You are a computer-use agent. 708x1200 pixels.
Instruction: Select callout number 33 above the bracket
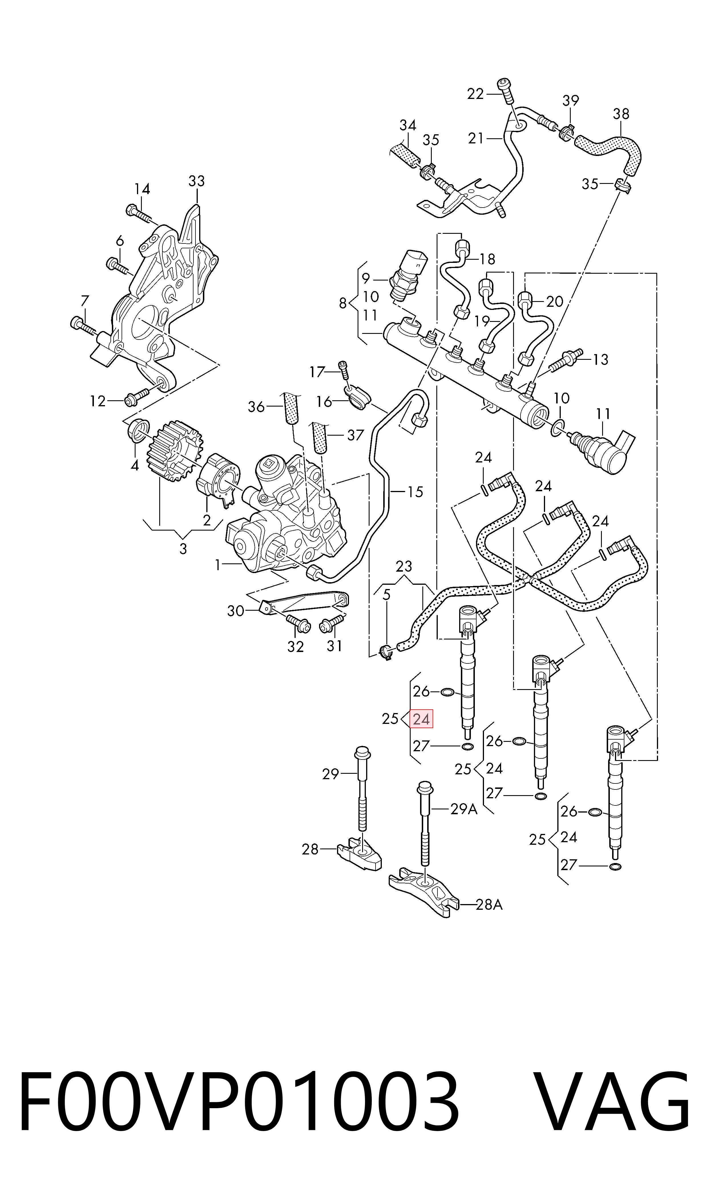click(x=197, y=181)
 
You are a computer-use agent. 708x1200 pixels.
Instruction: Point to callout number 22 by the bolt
click(x=475, y=94)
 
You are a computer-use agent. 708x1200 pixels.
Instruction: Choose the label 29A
click(x=464, y=809)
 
